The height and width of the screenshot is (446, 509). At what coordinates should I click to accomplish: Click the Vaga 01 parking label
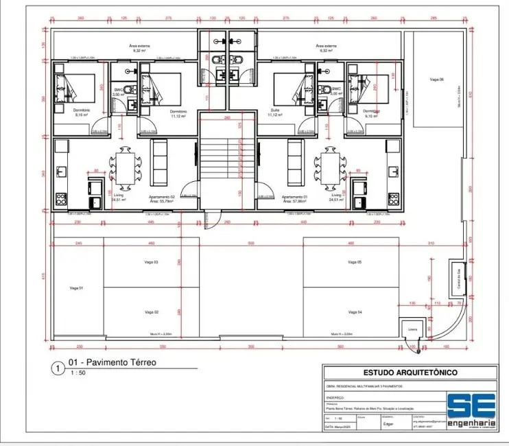[75, 288]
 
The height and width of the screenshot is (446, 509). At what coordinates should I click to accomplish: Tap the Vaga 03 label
[152, 263]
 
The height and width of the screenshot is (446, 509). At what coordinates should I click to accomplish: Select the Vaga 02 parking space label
[152, 312]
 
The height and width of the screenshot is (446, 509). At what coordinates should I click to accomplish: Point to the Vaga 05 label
[354, 263]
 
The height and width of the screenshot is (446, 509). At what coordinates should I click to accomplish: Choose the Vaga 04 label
[354, 312]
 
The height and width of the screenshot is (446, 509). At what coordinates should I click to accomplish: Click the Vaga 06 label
[438, 80]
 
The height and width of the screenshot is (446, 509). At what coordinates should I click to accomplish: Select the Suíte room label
[275, 110]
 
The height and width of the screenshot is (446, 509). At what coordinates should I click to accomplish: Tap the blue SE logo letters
[468, 406]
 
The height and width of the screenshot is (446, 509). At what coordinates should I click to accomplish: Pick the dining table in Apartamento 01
[326, 167]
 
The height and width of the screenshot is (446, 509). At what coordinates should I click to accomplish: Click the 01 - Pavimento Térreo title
[113, 363]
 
